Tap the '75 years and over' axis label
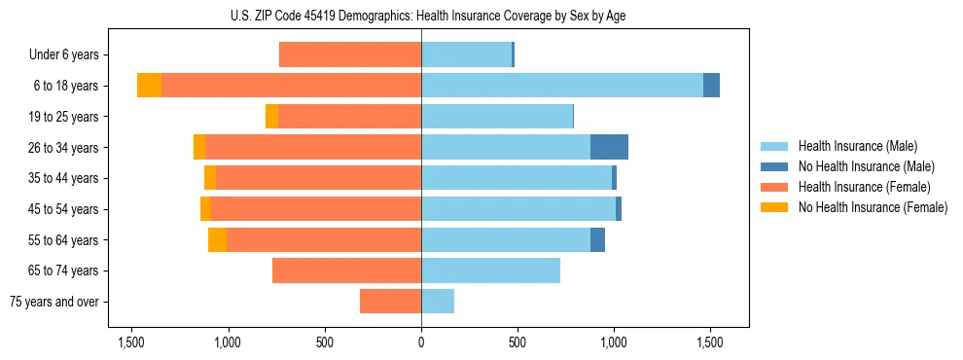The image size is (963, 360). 54,302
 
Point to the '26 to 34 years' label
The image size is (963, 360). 63,147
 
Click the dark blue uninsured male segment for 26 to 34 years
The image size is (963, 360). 609,147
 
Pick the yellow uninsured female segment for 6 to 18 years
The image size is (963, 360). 149,86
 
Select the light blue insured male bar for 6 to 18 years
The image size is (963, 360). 561,86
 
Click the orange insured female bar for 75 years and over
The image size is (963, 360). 390,302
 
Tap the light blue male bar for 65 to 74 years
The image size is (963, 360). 490,270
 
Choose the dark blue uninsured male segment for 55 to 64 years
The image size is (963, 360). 597,239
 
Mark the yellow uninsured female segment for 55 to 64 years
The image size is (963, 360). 217,239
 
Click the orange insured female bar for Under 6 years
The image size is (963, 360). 350,54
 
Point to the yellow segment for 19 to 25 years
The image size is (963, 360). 271,117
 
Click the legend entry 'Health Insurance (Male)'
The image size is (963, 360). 858,146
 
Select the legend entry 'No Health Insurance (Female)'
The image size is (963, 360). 873,207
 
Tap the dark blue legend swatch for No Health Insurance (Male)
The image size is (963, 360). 775,166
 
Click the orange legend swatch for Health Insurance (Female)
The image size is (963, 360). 775,187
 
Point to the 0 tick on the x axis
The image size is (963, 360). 421,342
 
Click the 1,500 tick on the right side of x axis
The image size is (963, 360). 710,342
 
